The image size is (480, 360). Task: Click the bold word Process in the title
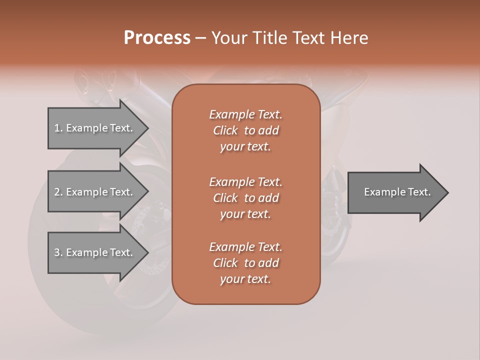(157, 38)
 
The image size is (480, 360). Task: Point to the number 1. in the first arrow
(58, 128)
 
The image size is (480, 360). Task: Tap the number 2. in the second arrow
(58, 192)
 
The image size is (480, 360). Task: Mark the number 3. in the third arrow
(58, 252)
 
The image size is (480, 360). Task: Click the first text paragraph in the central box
(245, 130)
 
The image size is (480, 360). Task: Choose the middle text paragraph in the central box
(245, 197)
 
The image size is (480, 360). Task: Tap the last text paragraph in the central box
(245, 263)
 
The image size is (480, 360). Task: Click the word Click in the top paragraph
(225, 130)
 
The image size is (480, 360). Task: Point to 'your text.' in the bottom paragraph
(245, 279)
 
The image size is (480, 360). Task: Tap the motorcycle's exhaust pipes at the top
(95, 80)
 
